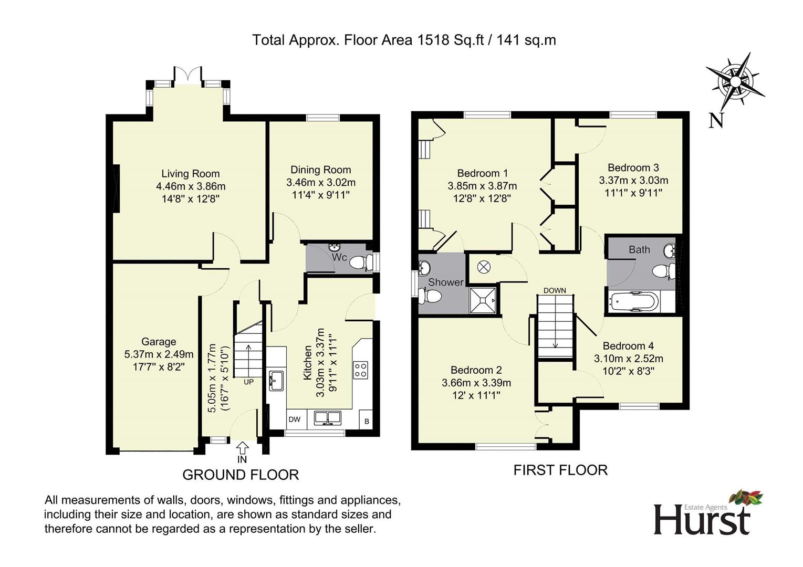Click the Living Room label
[x=190, y=174]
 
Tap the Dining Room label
[x=320, y=170]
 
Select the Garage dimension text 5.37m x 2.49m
[x=159, y=354]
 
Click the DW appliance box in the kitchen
[x=295, y=419]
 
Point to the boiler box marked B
[x=367, y=422]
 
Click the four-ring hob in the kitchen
[x=360, y=370]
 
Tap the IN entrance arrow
[x=243, y=448]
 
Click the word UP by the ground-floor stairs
[x=248, y=382]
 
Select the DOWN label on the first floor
[x=555, y=290]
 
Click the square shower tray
[x=483, y=300]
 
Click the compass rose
[x=735, y=82]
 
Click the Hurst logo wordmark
[x=702, y=520]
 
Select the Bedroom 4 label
[x=628, y=346]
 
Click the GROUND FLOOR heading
[x=241, y=475]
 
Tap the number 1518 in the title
[x=433, y=40]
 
